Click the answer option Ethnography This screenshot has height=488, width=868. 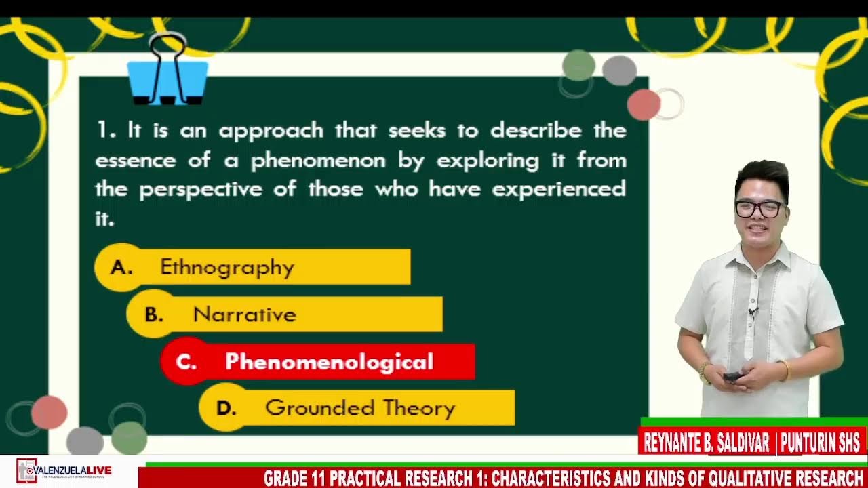coord(228,267)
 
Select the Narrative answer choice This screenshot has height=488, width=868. coord(245,314)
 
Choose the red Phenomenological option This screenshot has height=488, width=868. coord(330,362)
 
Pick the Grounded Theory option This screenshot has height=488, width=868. coord(360,408)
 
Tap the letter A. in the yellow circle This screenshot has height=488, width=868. coord(121,268)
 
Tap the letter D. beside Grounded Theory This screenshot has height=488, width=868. coord(226,409)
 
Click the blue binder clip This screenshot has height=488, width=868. coord(167,78)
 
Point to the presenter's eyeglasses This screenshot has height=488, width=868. coord(760,209)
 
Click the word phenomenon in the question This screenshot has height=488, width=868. coord(318,161)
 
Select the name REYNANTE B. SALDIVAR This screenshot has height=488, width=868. coord(706,443)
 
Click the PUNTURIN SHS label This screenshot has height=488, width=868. coord(820,443)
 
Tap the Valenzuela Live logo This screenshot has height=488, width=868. coord(65,470)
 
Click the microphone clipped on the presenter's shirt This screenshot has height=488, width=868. coord(752,312)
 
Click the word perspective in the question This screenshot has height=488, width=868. coord(200,189)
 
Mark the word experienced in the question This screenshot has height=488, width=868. coord(558,189)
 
